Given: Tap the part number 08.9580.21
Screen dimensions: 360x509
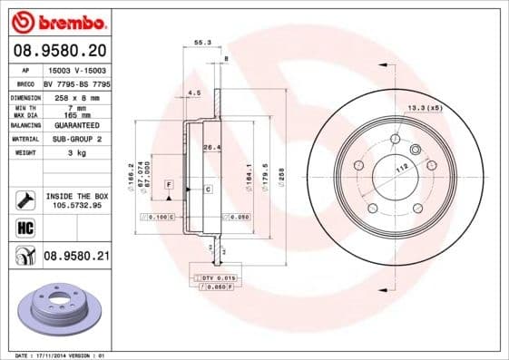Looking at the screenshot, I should (x=76, y=258).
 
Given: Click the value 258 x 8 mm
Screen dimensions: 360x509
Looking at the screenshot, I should (x=73, y=95).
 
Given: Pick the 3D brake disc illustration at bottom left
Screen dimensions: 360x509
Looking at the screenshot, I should (x=64, y=311).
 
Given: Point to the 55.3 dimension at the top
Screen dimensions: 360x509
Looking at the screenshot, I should (x=202, y=42).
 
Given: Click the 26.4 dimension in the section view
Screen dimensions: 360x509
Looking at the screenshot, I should (x=211, y=147).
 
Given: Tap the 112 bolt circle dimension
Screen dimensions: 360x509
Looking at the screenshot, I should (x=400, y=166).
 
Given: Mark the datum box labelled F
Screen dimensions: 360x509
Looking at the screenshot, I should (x=169, y=185).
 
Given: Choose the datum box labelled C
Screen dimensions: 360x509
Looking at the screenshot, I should (x=208, y=189).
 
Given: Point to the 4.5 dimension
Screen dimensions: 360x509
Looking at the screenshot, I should (x=193, y=92).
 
